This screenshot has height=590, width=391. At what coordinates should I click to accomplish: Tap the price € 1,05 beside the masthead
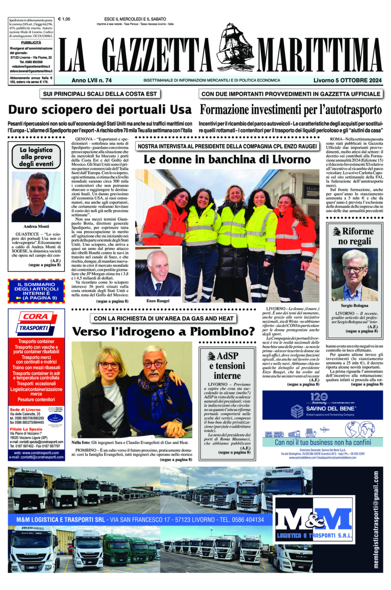64,19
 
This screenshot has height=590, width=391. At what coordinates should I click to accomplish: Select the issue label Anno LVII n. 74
92,80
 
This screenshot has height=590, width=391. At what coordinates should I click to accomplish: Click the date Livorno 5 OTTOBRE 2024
347,80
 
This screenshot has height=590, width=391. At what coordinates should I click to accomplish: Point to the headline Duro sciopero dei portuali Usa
100,110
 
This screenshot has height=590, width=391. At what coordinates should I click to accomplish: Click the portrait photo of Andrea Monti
36,197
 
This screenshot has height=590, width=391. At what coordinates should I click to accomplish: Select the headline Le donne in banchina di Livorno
227,159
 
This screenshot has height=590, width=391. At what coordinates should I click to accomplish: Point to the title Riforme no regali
355,236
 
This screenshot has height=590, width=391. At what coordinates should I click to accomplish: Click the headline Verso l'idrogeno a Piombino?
163,331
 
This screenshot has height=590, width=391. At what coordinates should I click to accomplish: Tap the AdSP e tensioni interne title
227,365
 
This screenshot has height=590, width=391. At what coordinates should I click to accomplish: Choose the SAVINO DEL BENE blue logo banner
323,405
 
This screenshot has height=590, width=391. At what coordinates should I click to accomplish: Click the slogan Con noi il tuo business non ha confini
323,442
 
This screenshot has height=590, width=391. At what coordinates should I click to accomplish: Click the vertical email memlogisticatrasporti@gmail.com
376,520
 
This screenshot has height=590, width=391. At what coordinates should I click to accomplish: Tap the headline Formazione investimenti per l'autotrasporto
291,110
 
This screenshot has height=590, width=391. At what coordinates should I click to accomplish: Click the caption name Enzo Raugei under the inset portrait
158,301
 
